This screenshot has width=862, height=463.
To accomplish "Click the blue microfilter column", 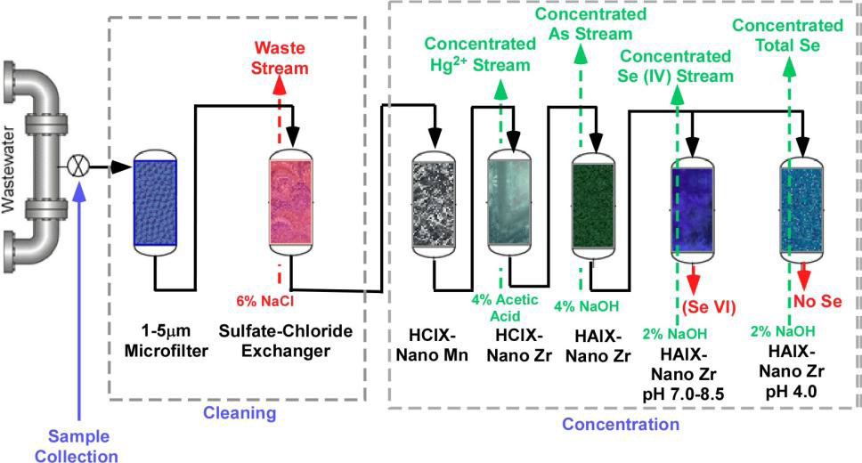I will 157,202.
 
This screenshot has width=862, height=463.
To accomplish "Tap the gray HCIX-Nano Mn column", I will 434,202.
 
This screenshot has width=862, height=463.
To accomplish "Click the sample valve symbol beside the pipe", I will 78,166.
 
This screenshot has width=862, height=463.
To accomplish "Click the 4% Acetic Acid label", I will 505,306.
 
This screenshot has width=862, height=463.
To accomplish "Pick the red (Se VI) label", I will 710,307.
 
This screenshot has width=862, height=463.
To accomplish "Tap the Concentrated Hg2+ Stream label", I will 476,53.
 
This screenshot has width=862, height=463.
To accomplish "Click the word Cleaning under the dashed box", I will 240,413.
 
